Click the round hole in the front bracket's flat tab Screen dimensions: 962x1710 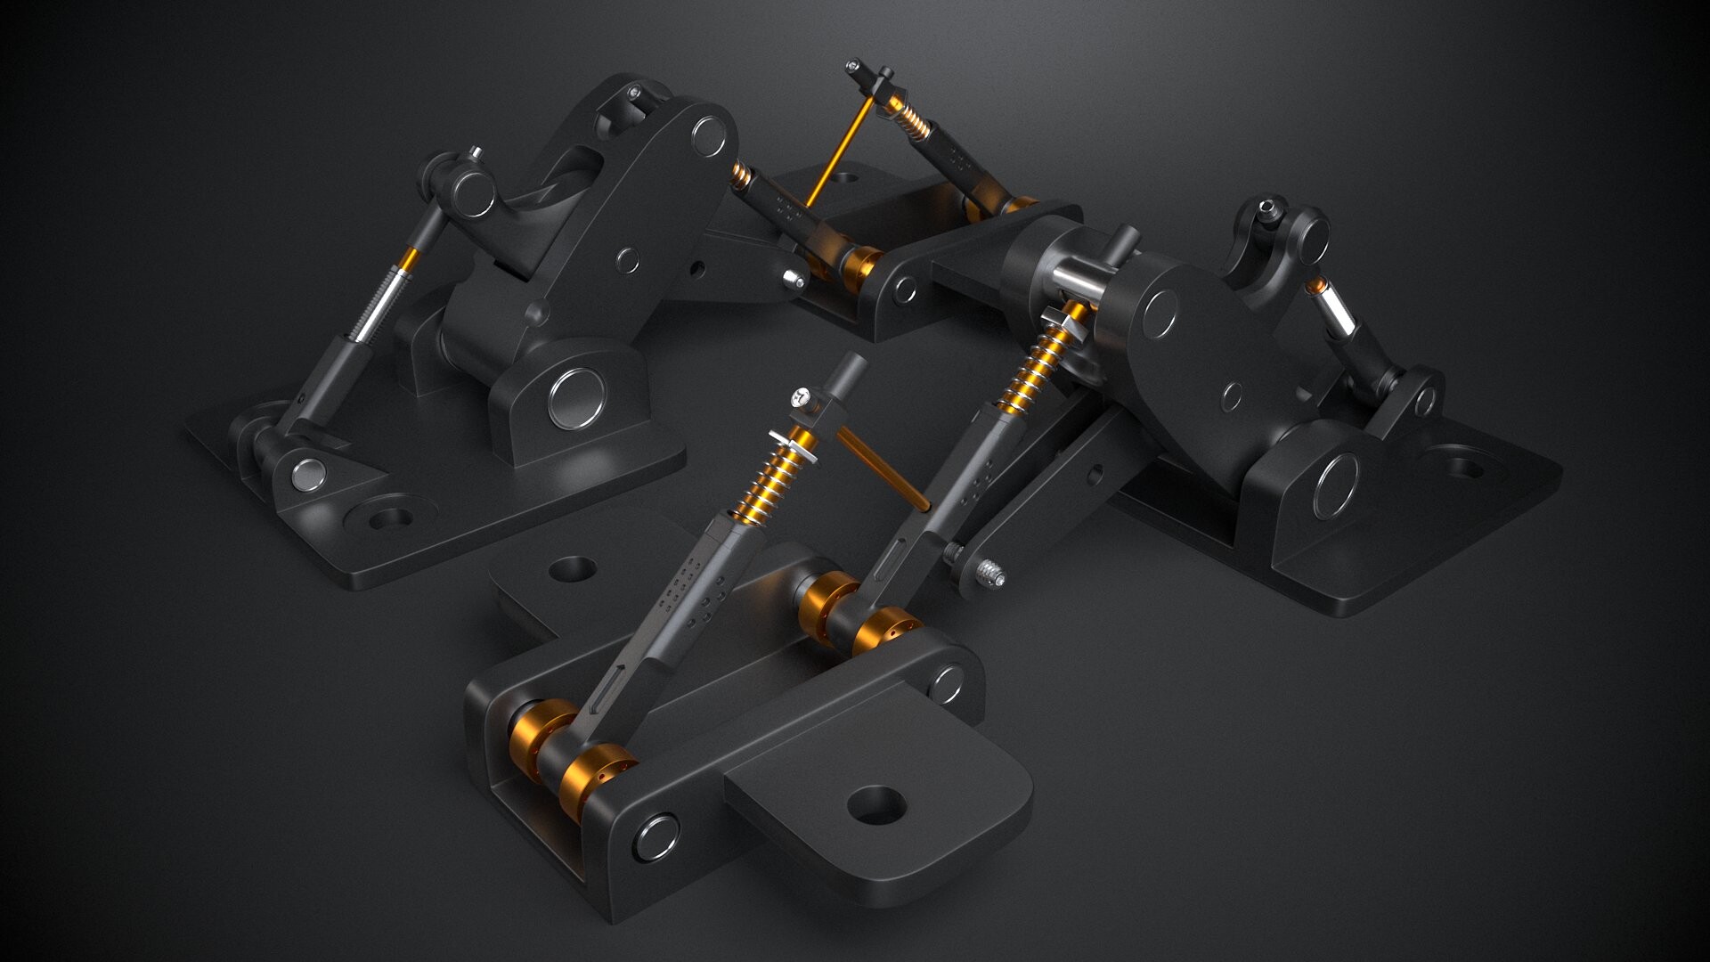[876, 806]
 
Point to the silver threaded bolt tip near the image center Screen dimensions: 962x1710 [990, 574]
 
